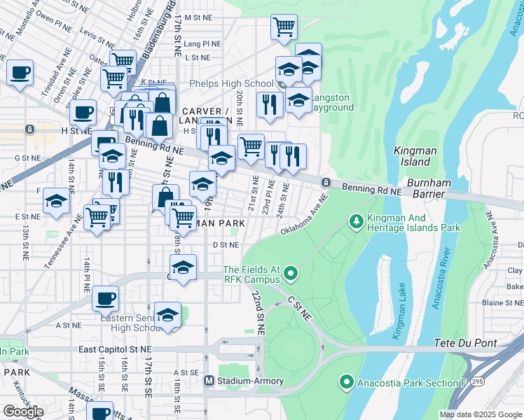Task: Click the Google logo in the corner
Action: (23, 412)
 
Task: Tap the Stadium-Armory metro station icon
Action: (208, 381)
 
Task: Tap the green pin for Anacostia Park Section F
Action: (345, 382)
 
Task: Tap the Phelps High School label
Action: (229, 84)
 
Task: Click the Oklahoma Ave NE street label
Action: (304, 219)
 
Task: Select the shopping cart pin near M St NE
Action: (284, 27)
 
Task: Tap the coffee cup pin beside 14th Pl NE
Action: (105, 298)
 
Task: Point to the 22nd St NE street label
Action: (257, 312)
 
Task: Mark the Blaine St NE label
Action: (502, 302)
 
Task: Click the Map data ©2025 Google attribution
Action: (481, 414)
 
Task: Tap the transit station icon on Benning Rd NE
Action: (326, 183)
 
